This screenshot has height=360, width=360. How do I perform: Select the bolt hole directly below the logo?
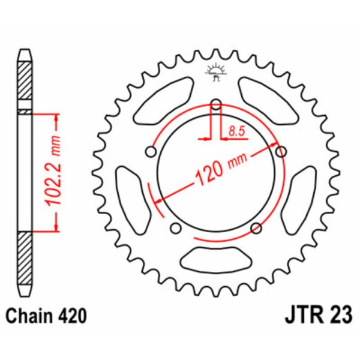click(x=216, y=106)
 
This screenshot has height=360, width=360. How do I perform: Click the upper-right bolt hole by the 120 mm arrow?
click(x=280, y=152)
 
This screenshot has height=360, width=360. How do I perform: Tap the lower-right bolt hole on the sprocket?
click(x=256, y=227)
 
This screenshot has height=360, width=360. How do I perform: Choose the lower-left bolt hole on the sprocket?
click(x=176, y=227)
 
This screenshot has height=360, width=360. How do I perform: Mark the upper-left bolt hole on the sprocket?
click(x=152, y=152)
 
